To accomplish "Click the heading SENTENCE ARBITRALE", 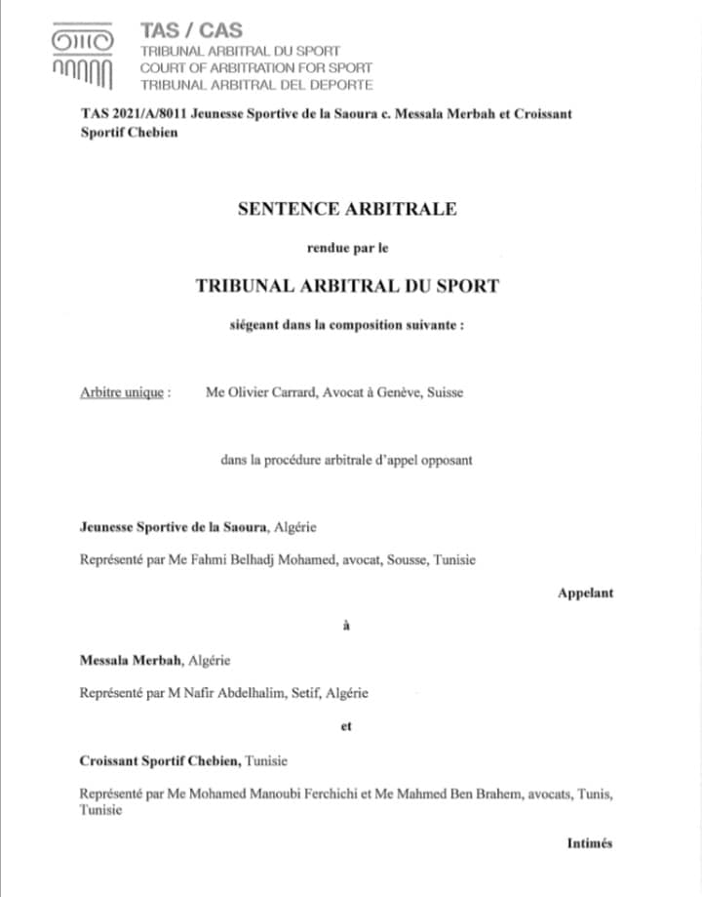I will pyautogui.click(x=347, y=208).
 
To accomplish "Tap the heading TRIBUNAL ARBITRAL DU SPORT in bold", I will pyautogui.click(x=347, y=286).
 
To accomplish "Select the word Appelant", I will pyautogui.click(x=585, y=592).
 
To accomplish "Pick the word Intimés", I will pyautogui.click(x=589, y=843).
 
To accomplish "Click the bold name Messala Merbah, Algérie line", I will pyautogui.click(x=154, y=660).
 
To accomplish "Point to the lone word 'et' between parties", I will pyautogui.click(x=347, y=726).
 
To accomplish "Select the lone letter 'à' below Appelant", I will pyautogui.click(x=347, y=626).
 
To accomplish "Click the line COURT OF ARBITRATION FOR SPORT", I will pyautogui.click(x=256, y=68).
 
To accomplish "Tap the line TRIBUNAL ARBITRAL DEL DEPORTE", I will pyautogui.click(x=256, y=85).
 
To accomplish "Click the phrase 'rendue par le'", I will pyautogui.click(x=347, y=248).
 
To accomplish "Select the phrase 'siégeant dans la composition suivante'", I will pyautogui.click(x=347, y=324).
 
